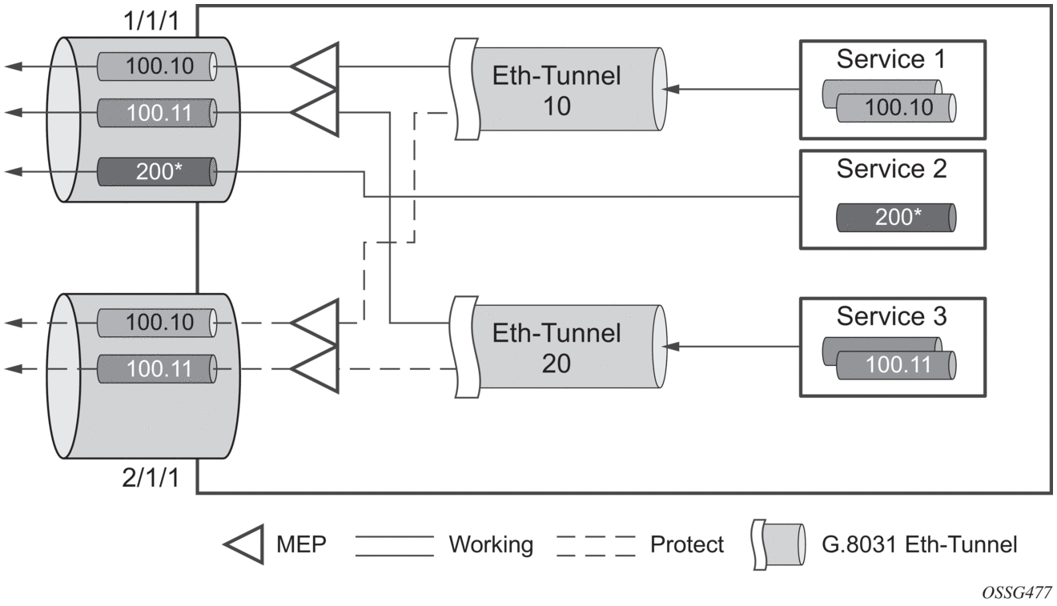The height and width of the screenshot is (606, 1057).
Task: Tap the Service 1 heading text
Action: click(891, 59)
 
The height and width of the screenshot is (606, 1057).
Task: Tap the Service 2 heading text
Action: click(891, 169)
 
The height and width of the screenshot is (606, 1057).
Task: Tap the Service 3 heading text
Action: click(891, 316)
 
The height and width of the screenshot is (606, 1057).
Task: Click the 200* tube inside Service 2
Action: click(894, 218)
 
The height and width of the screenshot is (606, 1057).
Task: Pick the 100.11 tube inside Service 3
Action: click(896, 365)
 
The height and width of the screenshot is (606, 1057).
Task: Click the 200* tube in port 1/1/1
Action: click(157, 171)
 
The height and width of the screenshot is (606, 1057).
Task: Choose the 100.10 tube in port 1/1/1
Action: click(157, 66)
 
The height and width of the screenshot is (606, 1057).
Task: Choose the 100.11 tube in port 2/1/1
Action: click(157, 370)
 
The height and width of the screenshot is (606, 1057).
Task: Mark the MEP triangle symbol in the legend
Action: click(245, 545)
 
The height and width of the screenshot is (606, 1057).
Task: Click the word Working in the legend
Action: click(490, 545)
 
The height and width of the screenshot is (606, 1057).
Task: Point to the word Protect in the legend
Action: click(686, 545)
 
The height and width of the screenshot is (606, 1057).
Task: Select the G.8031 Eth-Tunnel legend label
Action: click(919, 545)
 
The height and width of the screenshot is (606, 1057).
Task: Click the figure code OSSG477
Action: click(1018, 592)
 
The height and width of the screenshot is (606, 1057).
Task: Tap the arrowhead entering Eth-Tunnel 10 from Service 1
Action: click(674, 90)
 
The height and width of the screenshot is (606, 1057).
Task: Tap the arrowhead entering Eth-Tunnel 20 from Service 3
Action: click(674, 347)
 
